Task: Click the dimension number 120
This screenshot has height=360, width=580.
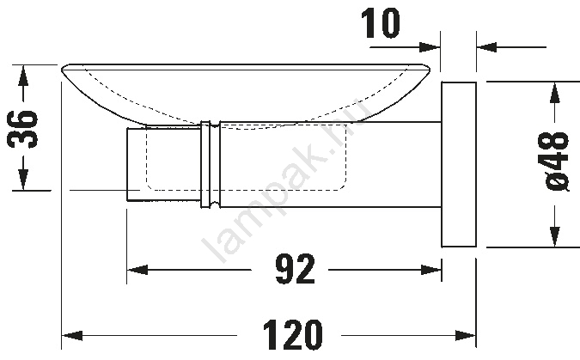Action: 293,335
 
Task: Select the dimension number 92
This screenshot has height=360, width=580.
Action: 296,269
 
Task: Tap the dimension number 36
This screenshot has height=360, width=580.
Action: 23,129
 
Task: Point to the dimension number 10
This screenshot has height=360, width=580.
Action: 381,24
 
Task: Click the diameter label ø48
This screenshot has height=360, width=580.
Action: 556,162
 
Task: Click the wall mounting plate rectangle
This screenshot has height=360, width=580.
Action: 459,164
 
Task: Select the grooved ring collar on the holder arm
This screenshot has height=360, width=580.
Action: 211,164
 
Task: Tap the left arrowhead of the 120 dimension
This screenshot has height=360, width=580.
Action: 72,336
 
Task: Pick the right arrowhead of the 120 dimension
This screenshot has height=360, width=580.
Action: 466,336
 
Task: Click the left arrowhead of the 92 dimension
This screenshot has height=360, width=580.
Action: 137,270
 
